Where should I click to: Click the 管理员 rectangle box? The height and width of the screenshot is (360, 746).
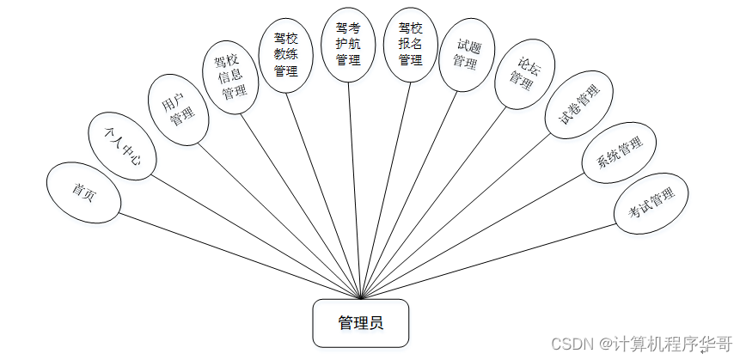pyautogui.click(x=360, y=323)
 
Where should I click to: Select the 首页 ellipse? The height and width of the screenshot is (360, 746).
pyautogui.click(x=84, y=192)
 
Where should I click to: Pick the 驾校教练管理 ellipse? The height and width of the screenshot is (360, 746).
pyautogui.click(x=286, y=53)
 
